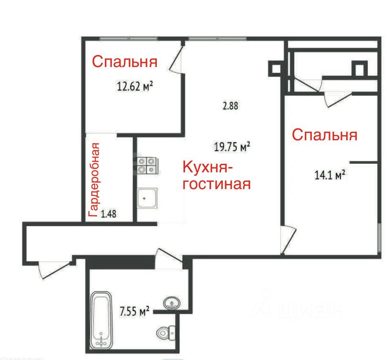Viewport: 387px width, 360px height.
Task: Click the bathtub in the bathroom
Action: [x=101, y=320]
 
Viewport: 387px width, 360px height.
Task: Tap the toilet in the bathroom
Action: [x=166, y=333]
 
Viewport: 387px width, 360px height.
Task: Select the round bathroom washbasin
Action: [x=172, y=303]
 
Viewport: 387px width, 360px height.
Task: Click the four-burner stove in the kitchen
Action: [x=148, y=166]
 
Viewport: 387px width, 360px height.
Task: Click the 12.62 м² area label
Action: [x=135, y=86]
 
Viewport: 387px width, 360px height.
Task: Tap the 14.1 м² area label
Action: [x=330, y=175]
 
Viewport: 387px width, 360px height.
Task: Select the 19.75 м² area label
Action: [x=232, y=147]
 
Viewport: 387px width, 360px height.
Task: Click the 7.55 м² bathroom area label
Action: [x=134, y=311]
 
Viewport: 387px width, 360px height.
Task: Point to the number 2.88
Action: [x=231, y=106]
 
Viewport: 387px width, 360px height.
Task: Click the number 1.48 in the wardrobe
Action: [x=109, y=214]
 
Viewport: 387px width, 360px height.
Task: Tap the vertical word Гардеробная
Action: [x=94, y=180]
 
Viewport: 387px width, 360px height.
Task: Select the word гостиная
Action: [x=217, y=184]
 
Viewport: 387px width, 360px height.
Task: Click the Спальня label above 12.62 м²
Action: [x=125, y=62]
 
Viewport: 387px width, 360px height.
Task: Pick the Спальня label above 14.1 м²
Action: [x=325, y=135]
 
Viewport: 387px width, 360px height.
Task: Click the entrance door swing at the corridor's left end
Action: [x=54, y=270]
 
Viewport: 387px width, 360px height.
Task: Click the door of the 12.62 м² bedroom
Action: [x=176, y=59]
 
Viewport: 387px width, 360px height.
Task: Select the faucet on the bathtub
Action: [x=101, y=341]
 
